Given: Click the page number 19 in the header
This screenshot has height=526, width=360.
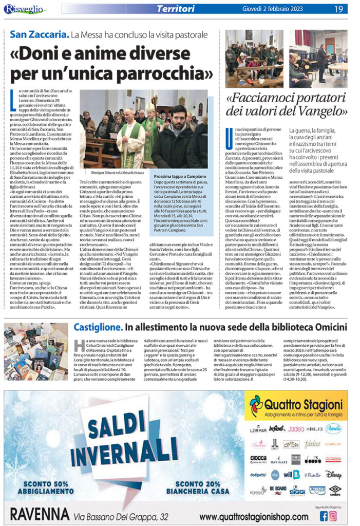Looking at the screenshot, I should [339, 9].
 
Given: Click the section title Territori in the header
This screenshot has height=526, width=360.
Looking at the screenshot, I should [176, 9].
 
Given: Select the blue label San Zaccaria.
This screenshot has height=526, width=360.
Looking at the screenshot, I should [39, 35].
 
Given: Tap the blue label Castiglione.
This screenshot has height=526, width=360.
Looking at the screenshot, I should [97, 327].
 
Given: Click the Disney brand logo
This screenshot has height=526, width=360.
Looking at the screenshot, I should [333, 475].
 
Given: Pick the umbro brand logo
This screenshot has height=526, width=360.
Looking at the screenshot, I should [334, 490].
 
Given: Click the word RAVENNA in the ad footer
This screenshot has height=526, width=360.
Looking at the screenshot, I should [37, 514].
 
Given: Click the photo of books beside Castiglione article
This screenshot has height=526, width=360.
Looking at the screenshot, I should [36, 351].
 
